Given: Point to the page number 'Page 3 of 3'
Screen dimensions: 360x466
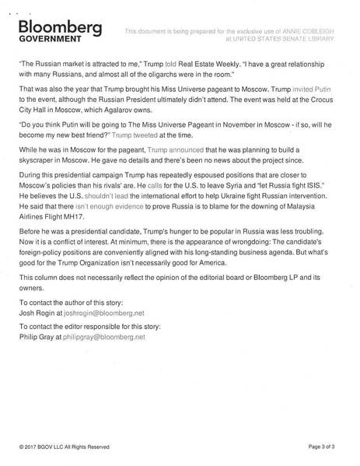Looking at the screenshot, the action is point(325,447).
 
